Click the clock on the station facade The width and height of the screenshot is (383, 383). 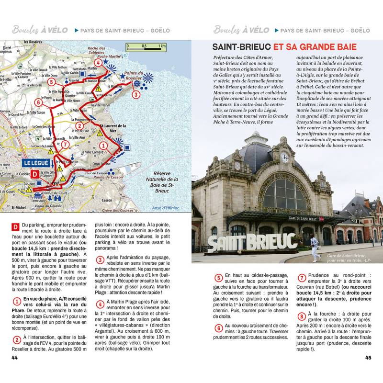[x=285, y=158]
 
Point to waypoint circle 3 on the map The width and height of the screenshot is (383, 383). [x=136, y=94]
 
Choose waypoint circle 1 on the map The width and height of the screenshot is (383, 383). [x=103, y=146]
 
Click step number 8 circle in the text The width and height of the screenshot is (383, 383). [x=301, y=316]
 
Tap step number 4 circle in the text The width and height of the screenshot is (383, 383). [x=100, y=304]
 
